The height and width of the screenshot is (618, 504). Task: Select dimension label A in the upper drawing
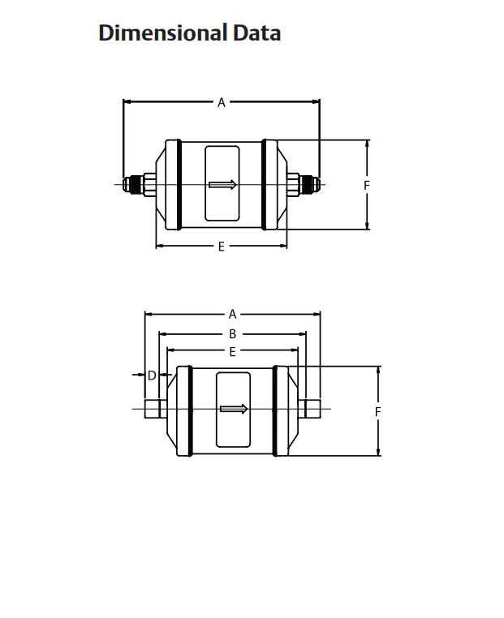pyautogui.click(x=221, y=102)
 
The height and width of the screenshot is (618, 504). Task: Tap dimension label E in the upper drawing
pyautogui.click(x=221, y=246)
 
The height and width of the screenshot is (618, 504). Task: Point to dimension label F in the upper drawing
pyautogui.click(x=367, y=185)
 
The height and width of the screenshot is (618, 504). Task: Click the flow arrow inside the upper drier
pyautogui.click(x=222, y=184)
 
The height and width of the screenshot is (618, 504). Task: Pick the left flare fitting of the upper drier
pyautogui.click(x=136, y=184)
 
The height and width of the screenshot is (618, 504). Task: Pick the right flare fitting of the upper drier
pyautogui.click(x=306, y=184)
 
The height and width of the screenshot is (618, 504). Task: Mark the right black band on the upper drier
pyautogui.click(x=265, y=184)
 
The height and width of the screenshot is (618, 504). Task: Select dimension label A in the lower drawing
pyautogui.click(x=232, y=314)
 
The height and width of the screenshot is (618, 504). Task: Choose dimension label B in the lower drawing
pyautogui.click(x=232, y=333)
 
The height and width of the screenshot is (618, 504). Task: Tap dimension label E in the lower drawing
pyautogui.click(x=232, y=352)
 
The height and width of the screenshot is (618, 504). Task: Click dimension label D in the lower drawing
pyautogui.click(x=152, y=375)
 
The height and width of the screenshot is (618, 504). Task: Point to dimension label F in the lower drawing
pyautogui.click(x=378, y=412)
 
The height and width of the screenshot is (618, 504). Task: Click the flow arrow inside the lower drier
pyautogui.click(x=233, y=409)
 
